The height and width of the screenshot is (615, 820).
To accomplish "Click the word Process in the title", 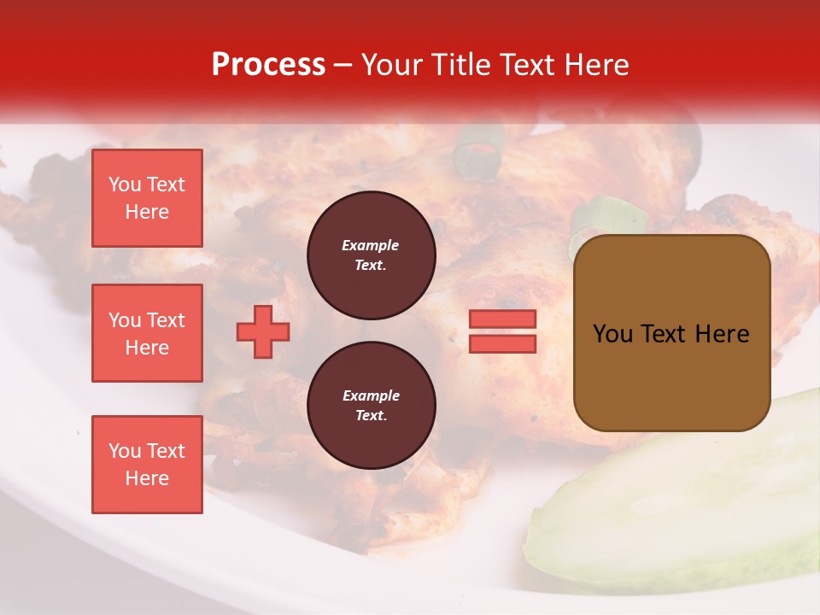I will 268,64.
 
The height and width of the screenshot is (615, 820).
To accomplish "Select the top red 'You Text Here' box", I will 147,198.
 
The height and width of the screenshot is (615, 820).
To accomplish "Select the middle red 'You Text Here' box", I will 147,333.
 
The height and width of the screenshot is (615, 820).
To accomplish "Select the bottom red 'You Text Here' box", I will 147,465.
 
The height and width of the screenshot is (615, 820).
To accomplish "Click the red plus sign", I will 263,331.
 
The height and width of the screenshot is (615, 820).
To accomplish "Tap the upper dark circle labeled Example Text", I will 371,255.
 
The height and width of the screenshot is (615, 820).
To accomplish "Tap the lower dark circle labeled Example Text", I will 371,406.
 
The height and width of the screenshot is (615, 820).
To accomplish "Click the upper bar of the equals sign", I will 502,319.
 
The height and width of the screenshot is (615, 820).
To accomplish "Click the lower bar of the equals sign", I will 502,343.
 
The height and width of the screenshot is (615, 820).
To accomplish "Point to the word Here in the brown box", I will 722,334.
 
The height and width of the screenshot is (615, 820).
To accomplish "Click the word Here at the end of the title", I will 598,65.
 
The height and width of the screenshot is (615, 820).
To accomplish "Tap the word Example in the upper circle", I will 371,245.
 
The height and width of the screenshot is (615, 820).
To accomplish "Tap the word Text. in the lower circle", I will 371,416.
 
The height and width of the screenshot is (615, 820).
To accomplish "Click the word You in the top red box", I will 125,184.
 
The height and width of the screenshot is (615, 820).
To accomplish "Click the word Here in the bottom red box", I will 147,478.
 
